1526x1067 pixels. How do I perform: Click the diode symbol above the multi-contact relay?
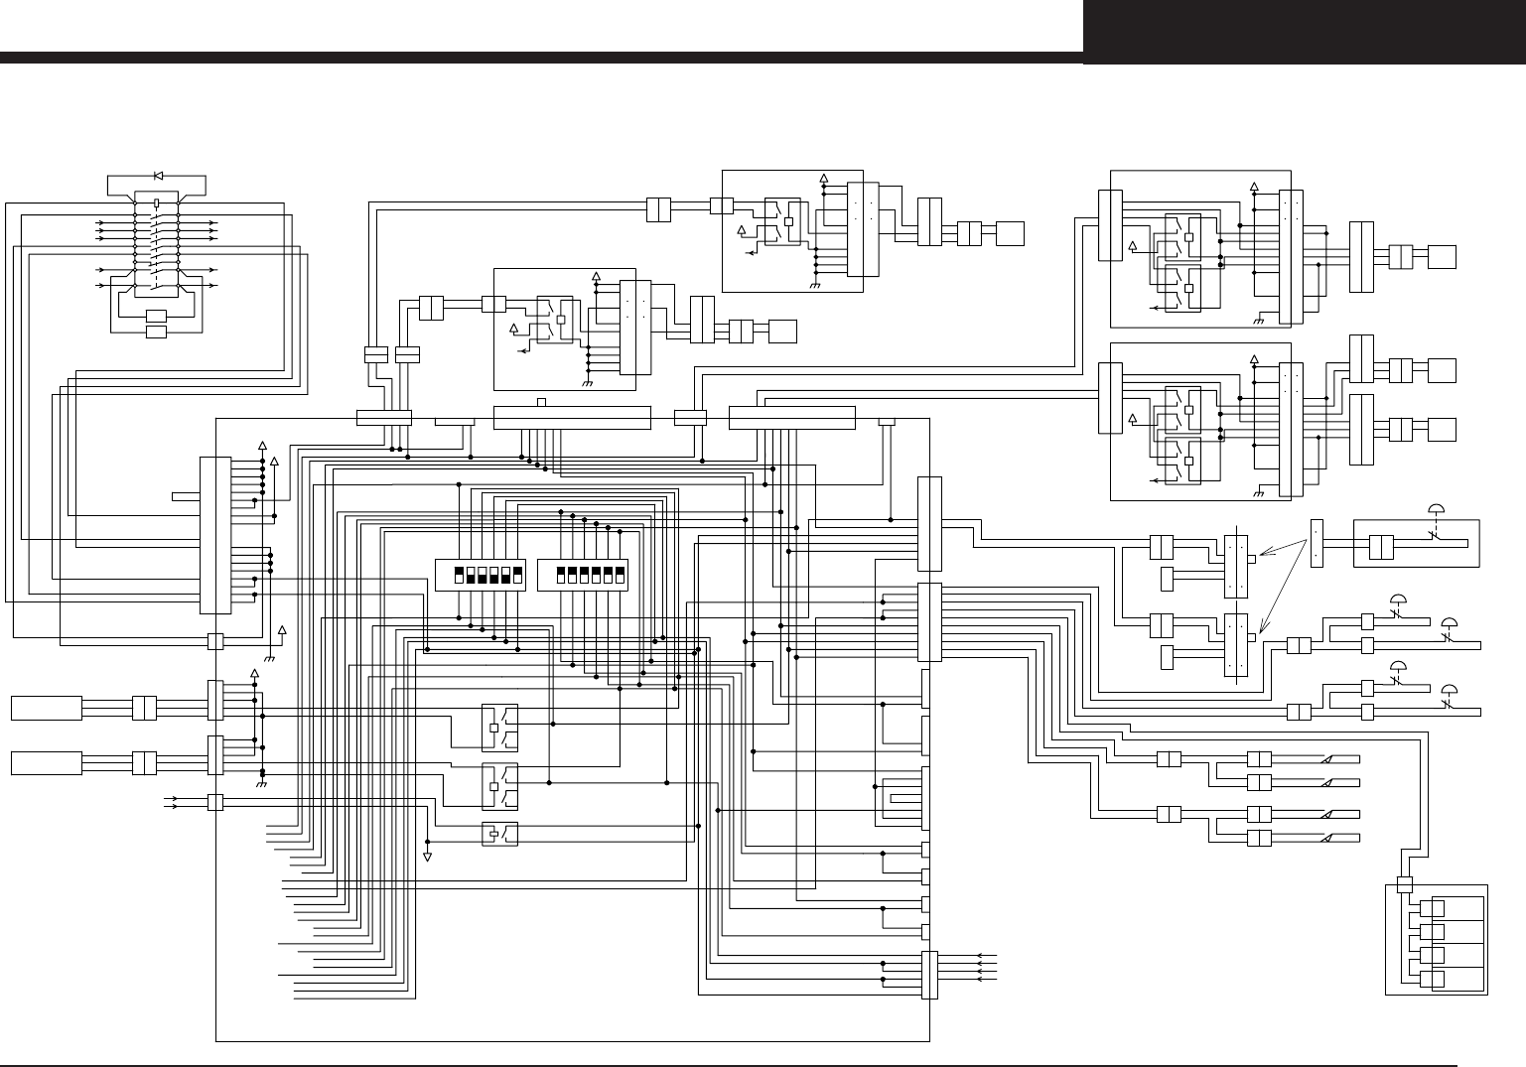click(159, 176)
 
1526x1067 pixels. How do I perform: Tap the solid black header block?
click(1304, 32)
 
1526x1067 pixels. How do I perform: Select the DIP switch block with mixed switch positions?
click(480, 575)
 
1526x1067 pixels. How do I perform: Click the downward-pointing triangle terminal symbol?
click(428, 856)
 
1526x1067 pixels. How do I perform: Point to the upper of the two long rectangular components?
click(46, 708)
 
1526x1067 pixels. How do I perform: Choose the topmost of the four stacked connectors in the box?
click(1433, 908)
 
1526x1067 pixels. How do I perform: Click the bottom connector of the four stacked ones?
click(1433, 981)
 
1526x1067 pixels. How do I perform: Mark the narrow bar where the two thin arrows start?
click(1317, 543)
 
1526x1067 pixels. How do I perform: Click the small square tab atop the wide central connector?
click(541, 402)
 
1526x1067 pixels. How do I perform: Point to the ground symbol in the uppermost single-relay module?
click(815, 284)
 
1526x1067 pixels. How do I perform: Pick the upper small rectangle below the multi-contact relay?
click(157, 316)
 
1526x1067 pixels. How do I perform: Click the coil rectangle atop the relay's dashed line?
click(157, 202)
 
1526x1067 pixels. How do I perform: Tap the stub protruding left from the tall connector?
click(186, 494)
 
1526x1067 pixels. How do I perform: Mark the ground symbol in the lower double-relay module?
click(1258, 491)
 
